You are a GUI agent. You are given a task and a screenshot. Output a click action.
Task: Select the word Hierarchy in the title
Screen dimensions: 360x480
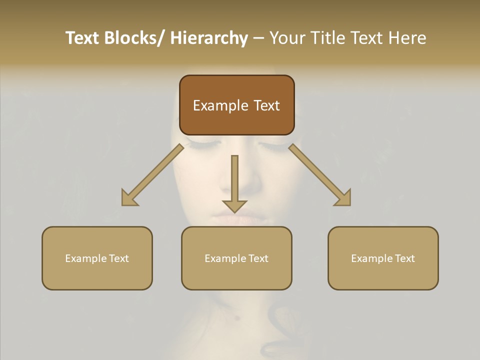pyautogui.click(x=209, y=38)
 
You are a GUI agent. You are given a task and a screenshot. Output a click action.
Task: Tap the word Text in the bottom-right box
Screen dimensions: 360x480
pyautogui.click(x=404, y=258)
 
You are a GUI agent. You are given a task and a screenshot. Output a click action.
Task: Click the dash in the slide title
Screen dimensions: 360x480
pyautogui.click(x=258, y=38)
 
